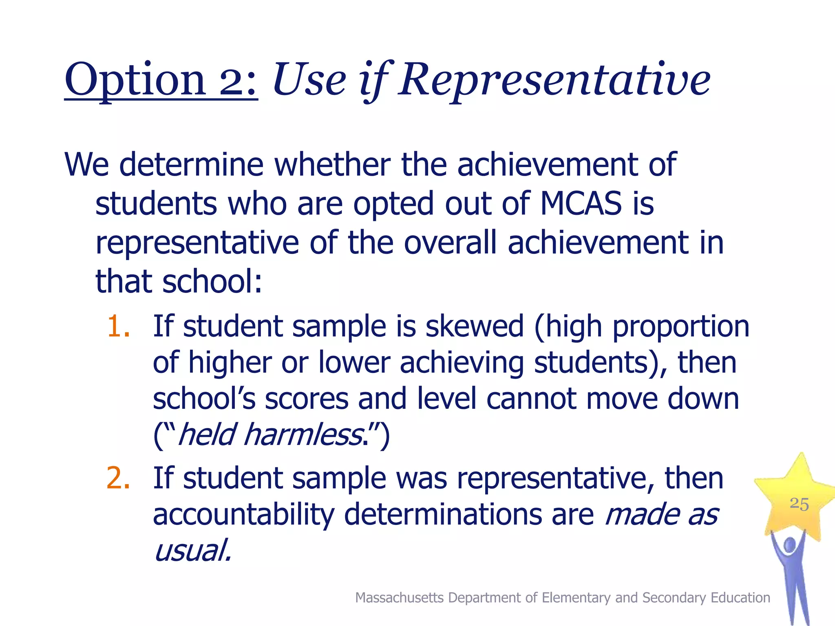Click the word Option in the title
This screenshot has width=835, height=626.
[135, 80]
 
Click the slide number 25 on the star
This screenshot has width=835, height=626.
[799, 504]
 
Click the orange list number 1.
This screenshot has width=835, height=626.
[118, 326]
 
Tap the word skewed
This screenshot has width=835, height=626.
[474, 326]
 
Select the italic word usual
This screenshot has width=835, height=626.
[192, 550]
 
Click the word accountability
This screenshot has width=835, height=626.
[243, 514]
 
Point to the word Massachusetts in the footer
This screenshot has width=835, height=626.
[399, 597]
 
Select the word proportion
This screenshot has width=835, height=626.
[680, 326]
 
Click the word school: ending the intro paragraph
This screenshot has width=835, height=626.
[212, 282]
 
